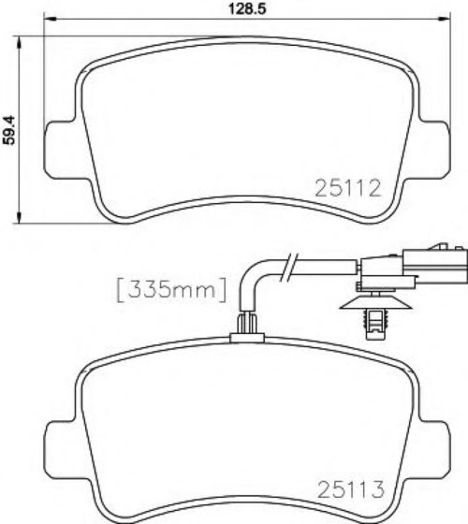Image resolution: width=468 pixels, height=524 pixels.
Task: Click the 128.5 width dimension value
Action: [x=247, y=8]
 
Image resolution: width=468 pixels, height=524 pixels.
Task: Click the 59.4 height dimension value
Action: [x=9, y=130]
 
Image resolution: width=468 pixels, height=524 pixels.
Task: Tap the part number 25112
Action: [x=348, y=188]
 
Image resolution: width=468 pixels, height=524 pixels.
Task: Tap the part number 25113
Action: [x=351, y=490]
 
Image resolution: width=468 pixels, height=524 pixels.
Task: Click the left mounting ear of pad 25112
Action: [x=61, y=150]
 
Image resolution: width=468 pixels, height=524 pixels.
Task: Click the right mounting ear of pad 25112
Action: [x=431, y=150]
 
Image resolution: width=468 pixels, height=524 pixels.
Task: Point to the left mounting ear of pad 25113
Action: [x=61, y=450]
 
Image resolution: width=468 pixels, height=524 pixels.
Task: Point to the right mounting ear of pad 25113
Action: [x=431, y=450]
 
